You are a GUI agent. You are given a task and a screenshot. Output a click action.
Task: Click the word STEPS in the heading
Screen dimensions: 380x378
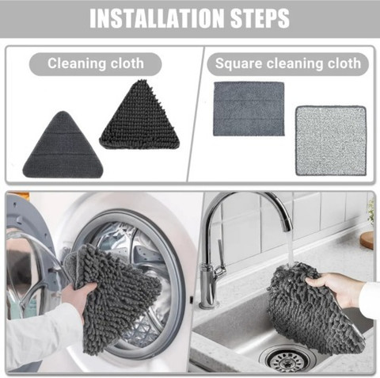click(260, 18)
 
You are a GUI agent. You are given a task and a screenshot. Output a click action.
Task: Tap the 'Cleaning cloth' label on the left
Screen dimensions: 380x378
click(96, 63)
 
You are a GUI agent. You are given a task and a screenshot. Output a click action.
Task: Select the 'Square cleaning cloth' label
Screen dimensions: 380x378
click(288, 63)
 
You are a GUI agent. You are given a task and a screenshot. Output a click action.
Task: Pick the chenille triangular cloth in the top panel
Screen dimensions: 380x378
click(140, 116)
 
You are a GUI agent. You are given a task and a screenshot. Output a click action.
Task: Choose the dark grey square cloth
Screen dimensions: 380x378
click(249, 109)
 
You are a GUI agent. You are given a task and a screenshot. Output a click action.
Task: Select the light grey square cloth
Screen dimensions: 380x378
click(331, 140)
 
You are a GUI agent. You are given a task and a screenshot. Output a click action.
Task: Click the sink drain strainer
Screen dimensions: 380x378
click(287, 358)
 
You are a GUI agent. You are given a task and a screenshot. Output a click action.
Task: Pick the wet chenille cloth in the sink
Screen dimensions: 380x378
click(314, 309)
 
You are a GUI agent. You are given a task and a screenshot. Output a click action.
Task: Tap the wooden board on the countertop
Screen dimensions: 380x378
click(367, 240)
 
